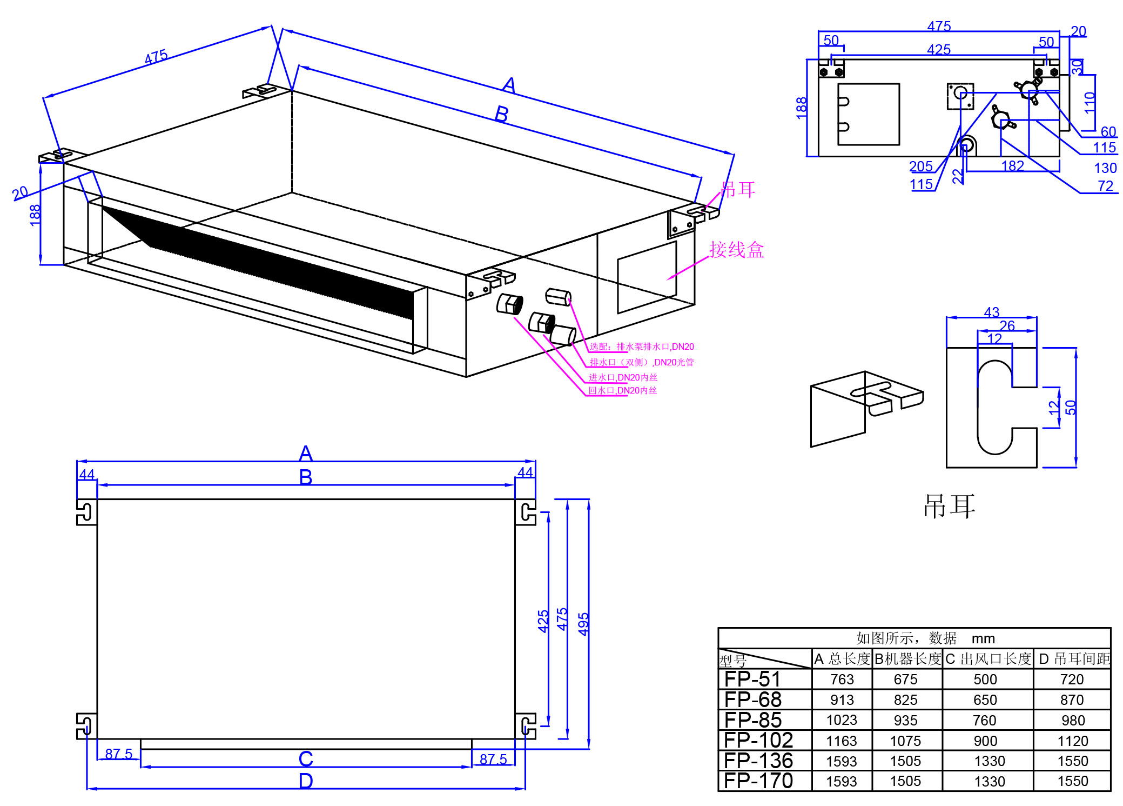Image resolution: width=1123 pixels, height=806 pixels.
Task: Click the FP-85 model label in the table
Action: (x=752, y=720)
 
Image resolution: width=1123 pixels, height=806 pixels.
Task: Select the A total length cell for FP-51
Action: (x=842, y=680)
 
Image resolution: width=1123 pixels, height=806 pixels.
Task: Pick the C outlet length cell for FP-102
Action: (x=985, y=741)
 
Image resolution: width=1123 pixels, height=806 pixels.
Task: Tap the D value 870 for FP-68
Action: (x=1072, y=700)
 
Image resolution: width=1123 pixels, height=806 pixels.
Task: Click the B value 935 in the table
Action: (x=905, y=720)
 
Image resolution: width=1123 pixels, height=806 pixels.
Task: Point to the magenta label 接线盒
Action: (x=736, y=250)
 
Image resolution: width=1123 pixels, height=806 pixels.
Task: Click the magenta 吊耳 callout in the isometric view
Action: (x=738, y=189)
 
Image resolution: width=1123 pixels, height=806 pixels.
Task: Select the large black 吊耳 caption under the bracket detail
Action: (x=949, y=507)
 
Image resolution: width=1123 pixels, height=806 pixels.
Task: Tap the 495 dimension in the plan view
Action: (x=583, y=624)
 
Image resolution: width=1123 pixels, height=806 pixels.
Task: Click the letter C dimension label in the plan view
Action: (x=306, y=759)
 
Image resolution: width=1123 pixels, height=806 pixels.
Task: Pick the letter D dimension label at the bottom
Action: (x=306, y=781)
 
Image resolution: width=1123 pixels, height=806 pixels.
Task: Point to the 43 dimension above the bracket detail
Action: (x=992, y=312)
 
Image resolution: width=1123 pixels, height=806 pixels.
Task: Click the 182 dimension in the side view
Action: (x=1012, y=166)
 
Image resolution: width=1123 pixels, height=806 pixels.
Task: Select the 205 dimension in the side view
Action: (x=920, y=166)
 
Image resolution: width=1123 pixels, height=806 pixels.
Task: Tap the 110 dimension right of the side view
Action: (x=1090, y=102)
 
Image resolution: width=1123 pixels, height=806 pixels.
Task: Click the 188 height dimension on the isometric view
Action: (x=35, y=215)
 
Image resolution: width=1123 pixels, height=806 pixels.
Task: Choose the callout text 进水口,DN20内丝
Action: (x=623, y=377)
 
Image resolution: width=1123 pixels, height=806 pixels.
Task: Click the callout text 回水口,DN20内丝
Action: (x=622, y=390)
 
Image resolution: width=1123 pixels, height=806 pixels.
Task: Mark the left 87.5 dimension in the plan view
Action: (x=118, y=754)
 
